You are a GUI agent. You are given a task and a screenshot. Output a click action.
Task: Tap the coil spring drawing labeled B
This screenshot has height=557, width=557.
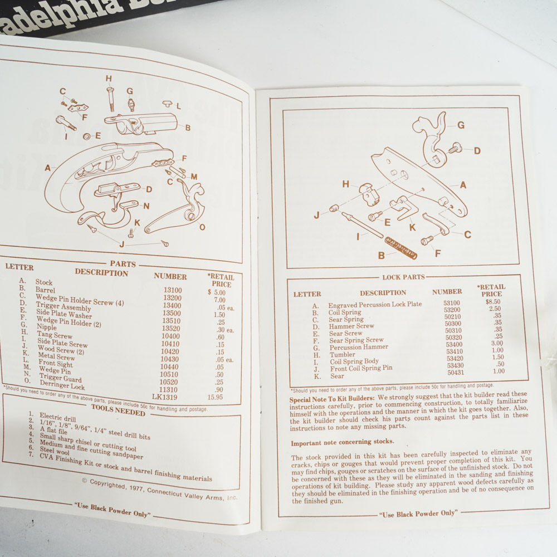coord(400,247)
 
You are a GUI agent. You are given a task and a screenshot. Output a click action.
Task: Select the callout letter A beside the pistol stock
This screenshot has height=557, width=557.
coord(48,167)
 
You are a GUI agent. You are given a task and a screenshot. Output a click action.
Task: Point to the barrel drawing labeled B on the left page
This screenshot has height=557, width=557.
coord(144,123)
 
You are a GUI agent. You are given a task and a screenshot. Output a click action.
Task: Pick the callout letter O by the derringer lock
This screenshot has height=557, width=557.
coord(202,227)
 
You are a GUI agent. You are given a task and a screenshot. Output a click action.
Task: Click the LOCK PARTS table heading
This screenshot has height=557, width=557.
coord(403,277)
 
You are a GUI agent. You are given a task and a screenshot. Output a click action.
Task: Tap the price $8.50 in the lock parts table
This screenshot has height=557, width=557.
coord(492,301)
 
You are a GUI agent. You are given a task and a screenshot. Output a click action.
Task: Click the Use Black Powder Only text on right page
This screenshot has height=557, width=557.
coord(418,513)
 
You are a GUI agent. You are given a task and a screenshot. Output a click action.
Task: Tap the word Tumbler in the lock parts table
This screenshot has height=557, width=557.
coord(342,354)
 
